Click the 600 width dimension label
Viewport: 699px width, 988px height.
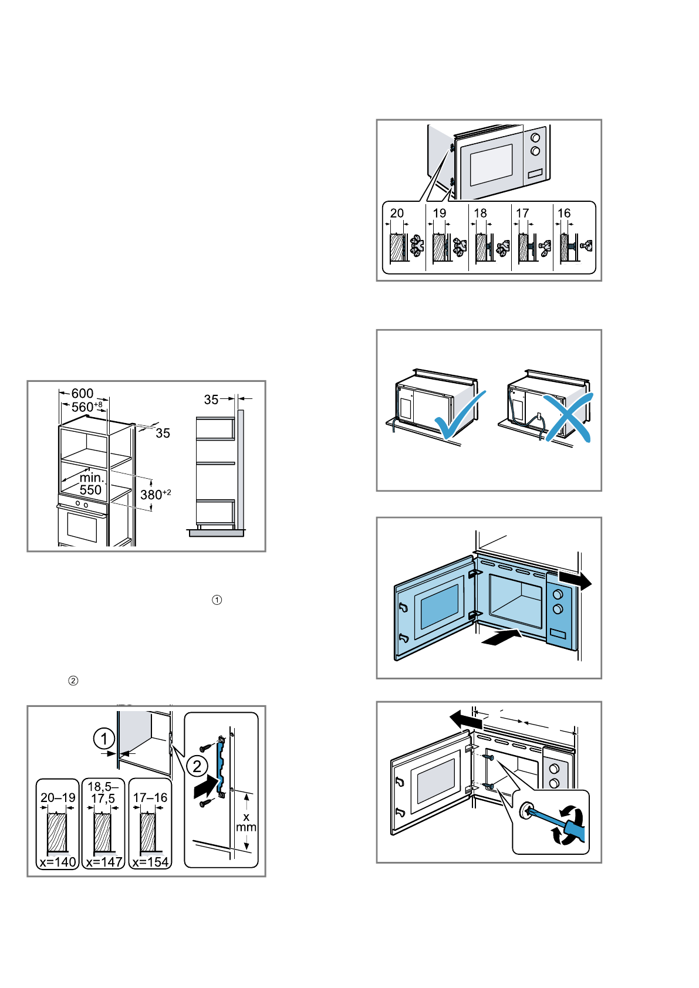(x=82, y=393)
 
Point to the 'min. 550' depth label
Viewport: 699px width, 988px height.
(x=91, y=484)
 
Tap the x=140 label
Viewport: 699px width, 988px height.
(x=58, y=862)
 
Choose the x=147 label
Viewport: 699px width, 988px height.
(x=103, y=862)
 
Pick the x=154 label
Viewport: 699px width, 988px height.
(x=150, y=862)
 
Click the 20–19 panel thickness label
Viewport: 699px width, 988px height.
(x=58, y=797)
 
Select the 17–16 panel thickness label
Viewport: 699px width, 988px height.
(x=150, y=797)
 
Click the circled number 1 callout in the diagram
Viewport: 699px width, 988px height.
(x=104, y=739)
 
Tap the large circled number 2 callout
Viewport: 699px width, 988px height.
(x=197, y=766)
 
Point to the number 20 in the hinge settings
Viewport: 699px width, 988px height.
(x=397, y=213)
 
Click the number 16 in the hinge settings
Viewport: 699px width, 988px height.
(x=564, y=213)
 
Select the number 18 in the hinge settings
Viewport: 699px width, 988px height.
(x=481, y=213)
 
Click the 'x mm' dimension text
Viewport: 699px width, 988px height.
(x=246, y=822)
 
